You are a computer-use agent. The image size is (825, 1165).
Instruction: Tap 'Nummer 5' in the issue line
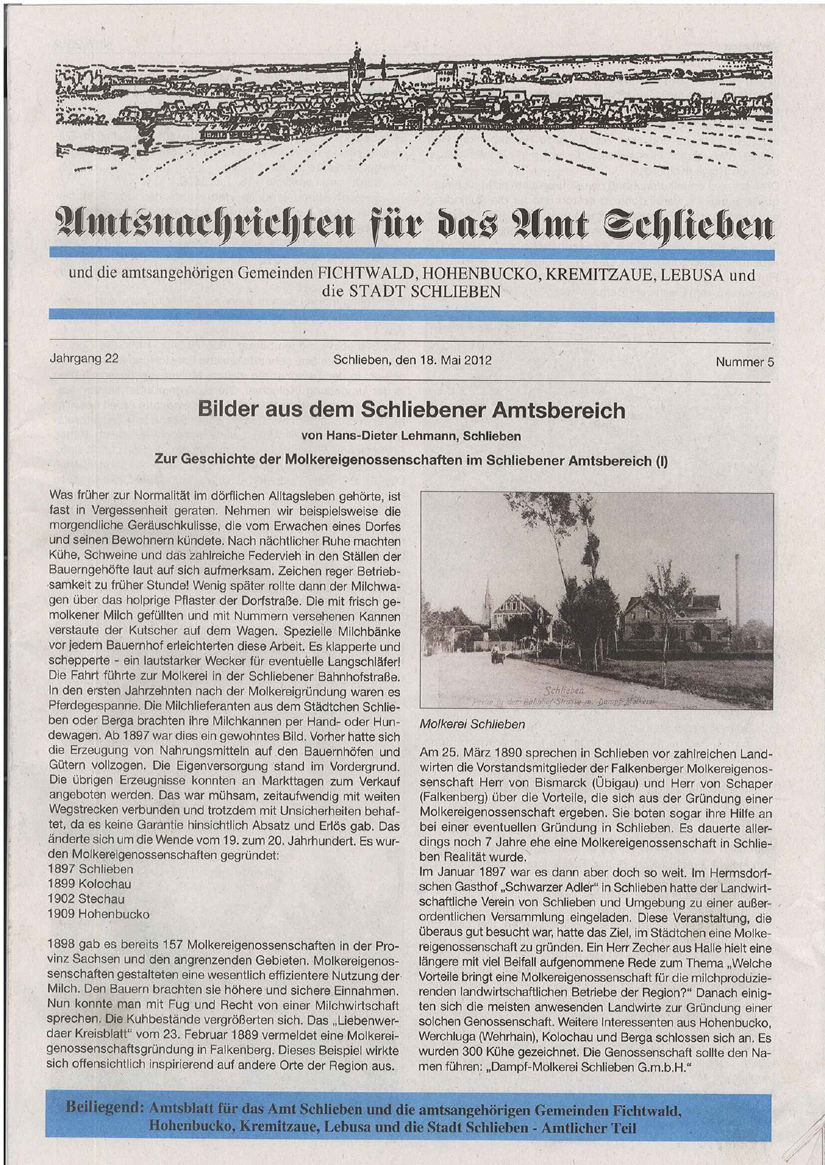click(744, 362)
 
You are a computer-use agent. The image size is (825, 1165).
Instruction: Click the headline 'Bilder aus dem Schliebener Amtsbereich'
click(411, 411)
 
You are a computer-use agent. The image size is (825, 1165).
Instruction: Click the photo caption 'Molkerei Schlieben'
click(472, 724)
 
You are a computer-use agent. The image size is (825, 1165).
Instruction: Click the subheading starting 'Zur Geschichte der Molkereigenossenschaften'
click(411, 460)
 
